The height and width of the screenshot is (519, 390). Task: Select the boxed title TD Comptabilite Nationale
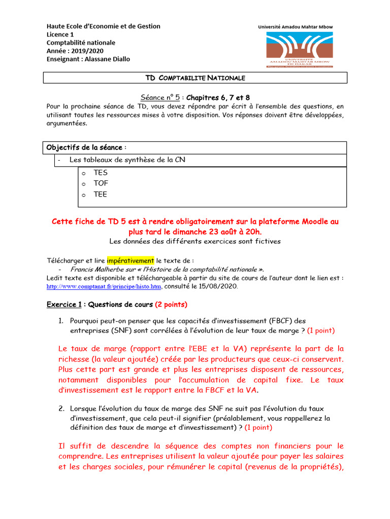click(195, 78)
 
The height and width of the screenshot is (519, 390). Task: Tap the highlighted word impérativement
click(130, 261)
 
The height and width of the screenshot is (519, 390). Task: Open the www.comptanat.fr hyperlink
click(104, 286)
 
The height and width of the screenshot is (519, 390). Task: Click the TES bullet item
click(101, 172)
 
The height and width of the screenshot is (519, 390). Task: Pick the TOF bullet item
click(101, 183)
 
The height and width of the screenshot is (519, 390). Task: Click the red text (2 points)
click(171, 305)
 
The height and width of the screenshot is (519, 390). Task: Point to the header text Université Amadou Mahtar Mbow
click(296, 26)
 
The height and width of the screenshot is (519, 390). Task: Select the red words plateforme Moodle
click(288, 222)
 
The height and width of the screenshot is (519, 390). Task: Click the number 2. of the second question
click(61, 408)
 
